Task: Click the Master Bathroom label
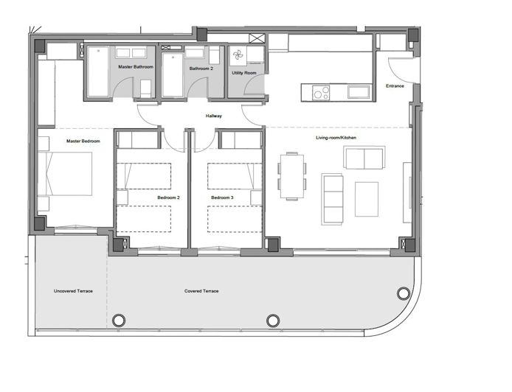(x=136, y=67)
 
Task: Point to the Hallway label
(x=213, y=116)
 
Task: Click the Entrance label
(x=395, y=86)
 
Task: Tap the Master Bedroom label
(x=83, y=141)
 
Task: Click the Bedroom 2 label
(x=169, y=197)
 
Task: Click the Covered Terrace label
(x=201, y=291)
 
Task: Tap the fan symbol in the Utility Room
(x=238, y=56)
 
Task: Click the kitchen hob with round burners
(x=321, y=92)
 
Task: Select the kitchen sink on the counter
(x=359, y=92)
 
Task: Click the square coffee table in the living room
(x=366, y=199)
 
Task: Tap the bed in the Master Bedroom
(x=66, y=174)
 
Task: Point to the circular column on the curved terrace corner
(x=403, y=293)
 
